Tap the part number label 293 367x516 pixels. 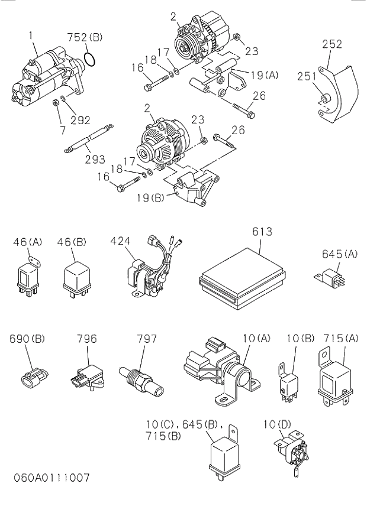point(94,159)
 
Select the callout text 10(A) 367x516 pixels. point(256,339)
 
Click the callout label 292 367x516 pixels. point(80,120)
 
